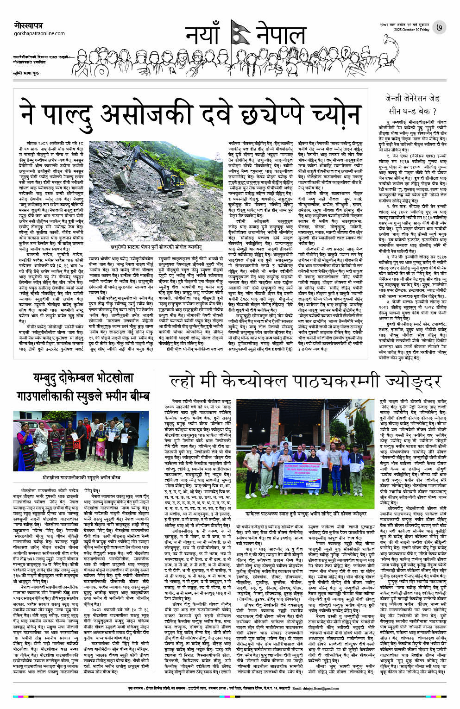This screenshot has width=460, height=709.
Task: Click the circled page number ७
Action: pos(439,28)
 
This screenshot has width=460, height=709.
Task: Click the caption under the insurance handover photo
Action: pos(82,477)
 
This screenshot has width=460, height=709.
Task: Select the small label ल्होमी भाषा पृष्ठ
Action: pos(26,73)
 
